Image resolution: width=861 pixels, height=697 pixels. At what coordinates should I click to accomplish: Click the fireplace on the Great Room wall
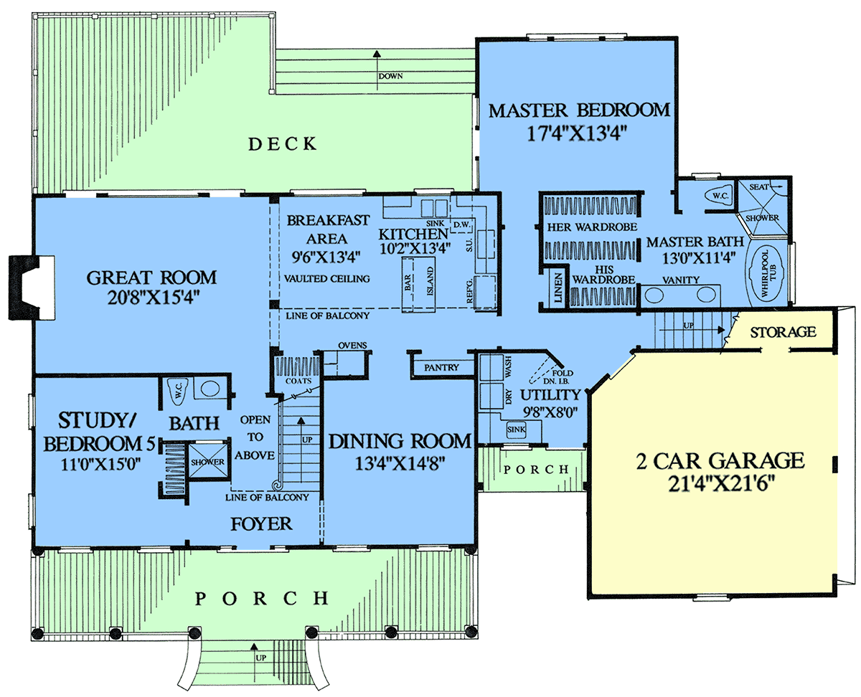pyautogui.click(x=32, y=288)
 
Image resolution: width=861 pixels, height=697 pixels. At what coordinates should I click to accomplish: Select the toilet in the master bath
pyautogui.click(x=718, y=196)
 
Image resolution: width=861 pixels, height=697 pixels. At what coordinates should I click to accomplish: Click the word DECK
pyautogui.click(x=283, y=144)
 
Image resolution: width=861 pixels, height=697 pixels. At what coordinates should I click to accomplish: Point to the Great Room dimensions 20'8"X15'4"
pyautogui.click(x=154, y=298)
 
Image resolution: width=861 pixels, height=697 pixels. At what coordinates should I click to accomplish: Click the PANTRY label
pyautogui.click(x=441, y=367)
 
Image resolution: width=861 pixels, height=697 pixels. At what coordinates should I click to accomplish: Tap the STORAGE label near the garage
pyautogui.click(x=783, y=332)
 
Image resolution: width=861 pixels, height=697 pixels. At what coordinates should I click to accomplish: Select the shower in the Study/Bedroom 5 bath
pyautogui.click(x=207, y=460)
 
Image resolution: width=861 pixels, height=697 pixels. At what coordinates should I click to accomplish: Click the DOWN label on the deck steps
pyautogui.click(x=390, y=76)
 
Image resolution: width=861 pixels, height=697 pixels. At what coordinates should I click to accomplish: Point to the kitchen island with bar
pyautogui.click(x=419, y=285)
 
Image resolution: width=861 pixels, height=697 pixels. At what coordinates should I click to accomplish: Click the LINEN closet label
pyautogui.click(x=557, y=288)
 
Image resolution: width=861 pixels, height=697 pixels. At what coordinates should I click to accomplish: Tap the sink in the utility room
pyautogui.click(x=516, y=430)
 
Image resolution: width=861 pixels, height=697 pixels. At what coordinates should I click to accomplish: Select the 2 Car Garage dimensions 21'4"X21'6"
pyautogui.click(x=721, y=483)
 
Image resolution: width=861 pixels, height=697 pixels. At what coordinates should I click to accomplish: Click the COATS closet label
pyautogui.click(x=298, y=381)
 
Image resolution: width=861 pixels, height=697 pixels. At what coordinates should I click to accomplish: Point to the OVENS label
pyautogui.click(x=352, y=345)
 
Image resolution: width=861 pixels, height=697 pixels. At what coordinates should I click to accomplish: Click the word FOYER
pyautogui.click(x=261, y=523)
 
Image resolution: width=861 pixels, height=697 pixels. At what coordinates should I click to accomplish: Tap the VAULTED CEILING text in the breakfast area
pyautogui.click(x=326, y=278)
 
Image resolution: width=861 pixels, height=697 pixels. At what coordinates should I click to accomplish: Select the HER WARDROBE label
pyautogui.click(x=592, y=227)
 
